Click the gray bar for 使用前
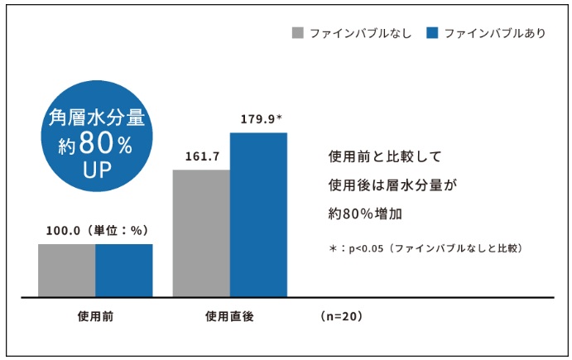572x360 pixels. (67, 270)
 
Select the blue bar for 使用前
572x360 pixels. (124, 270)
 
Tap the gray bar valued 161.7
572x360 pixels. (201, 233)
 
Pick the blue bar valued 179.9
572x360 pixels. (258, 214)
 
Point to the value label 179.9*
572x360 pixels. (262, 118)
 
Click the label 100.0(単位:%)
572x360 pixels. (95, 231)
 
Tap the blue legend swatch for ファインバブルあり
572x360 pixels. (430, 34)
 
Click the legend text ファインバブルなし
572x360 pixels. (360, 34)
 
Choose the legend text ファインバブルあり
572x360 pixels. (494, 34)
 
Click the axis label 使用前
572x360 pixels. (95, 316)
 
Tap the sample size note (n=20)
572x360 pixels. (339, 316)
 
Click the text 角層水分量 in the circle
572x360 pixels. (95, 118)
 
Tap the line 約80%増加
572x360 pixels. (365, 213)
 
